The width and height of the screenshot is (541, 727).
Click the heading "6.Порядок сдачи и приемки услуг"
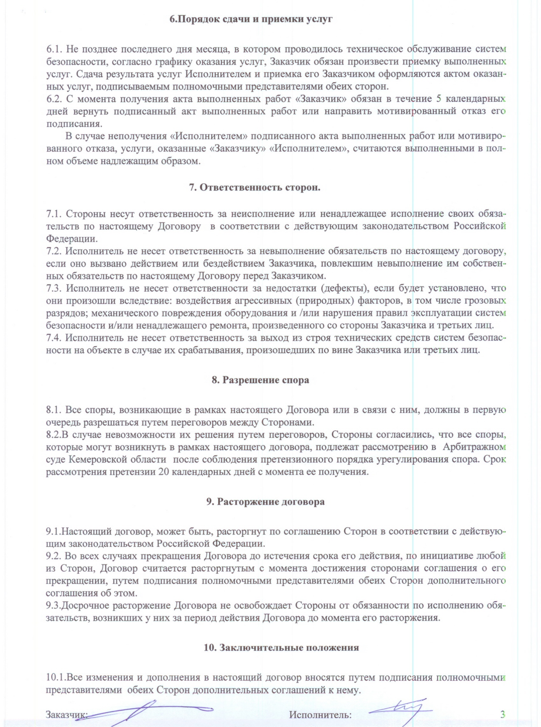click(x=251, y=19)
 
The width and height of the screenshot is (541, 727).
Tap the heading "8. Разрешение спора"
click(x=260, y=380)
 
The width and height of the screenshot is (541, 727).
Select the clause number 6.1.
click(x=54, y=49)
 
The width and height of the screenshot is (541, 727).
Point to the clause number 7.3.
click(x=54, y=288)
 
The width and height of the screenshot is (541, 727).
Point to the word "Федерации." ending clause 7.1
click(x=72, y=238)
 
